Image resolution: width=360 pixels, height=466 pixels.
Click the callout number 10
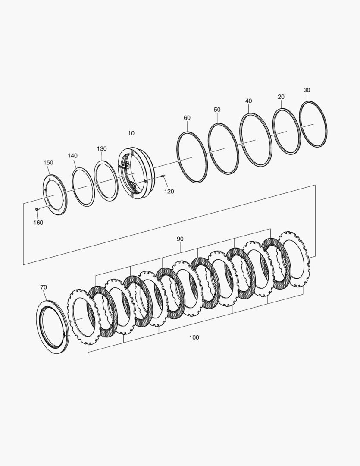pos(131,133)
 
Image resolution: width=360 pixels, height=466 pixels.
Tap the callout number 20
pos(281,97)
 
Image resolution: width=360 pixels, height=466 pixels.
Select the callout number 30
pos(307,90)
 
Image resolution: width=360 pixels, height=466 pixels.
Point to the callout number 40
pos(249,101)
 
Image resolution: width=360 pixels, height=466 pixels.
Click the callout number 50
pos(217,110)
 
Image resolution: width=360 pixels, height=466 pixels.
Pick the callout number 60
pos(187,118)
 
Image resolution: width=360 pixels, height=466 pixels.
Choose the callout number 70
pos(44,287)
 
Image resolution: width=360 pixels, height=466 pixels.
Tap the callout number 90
pos(180,239)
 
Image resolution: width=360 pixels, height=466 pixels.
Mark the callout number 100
pos(194,337)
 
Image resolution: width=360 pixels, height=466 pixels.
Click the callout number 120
pos(169,192)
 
